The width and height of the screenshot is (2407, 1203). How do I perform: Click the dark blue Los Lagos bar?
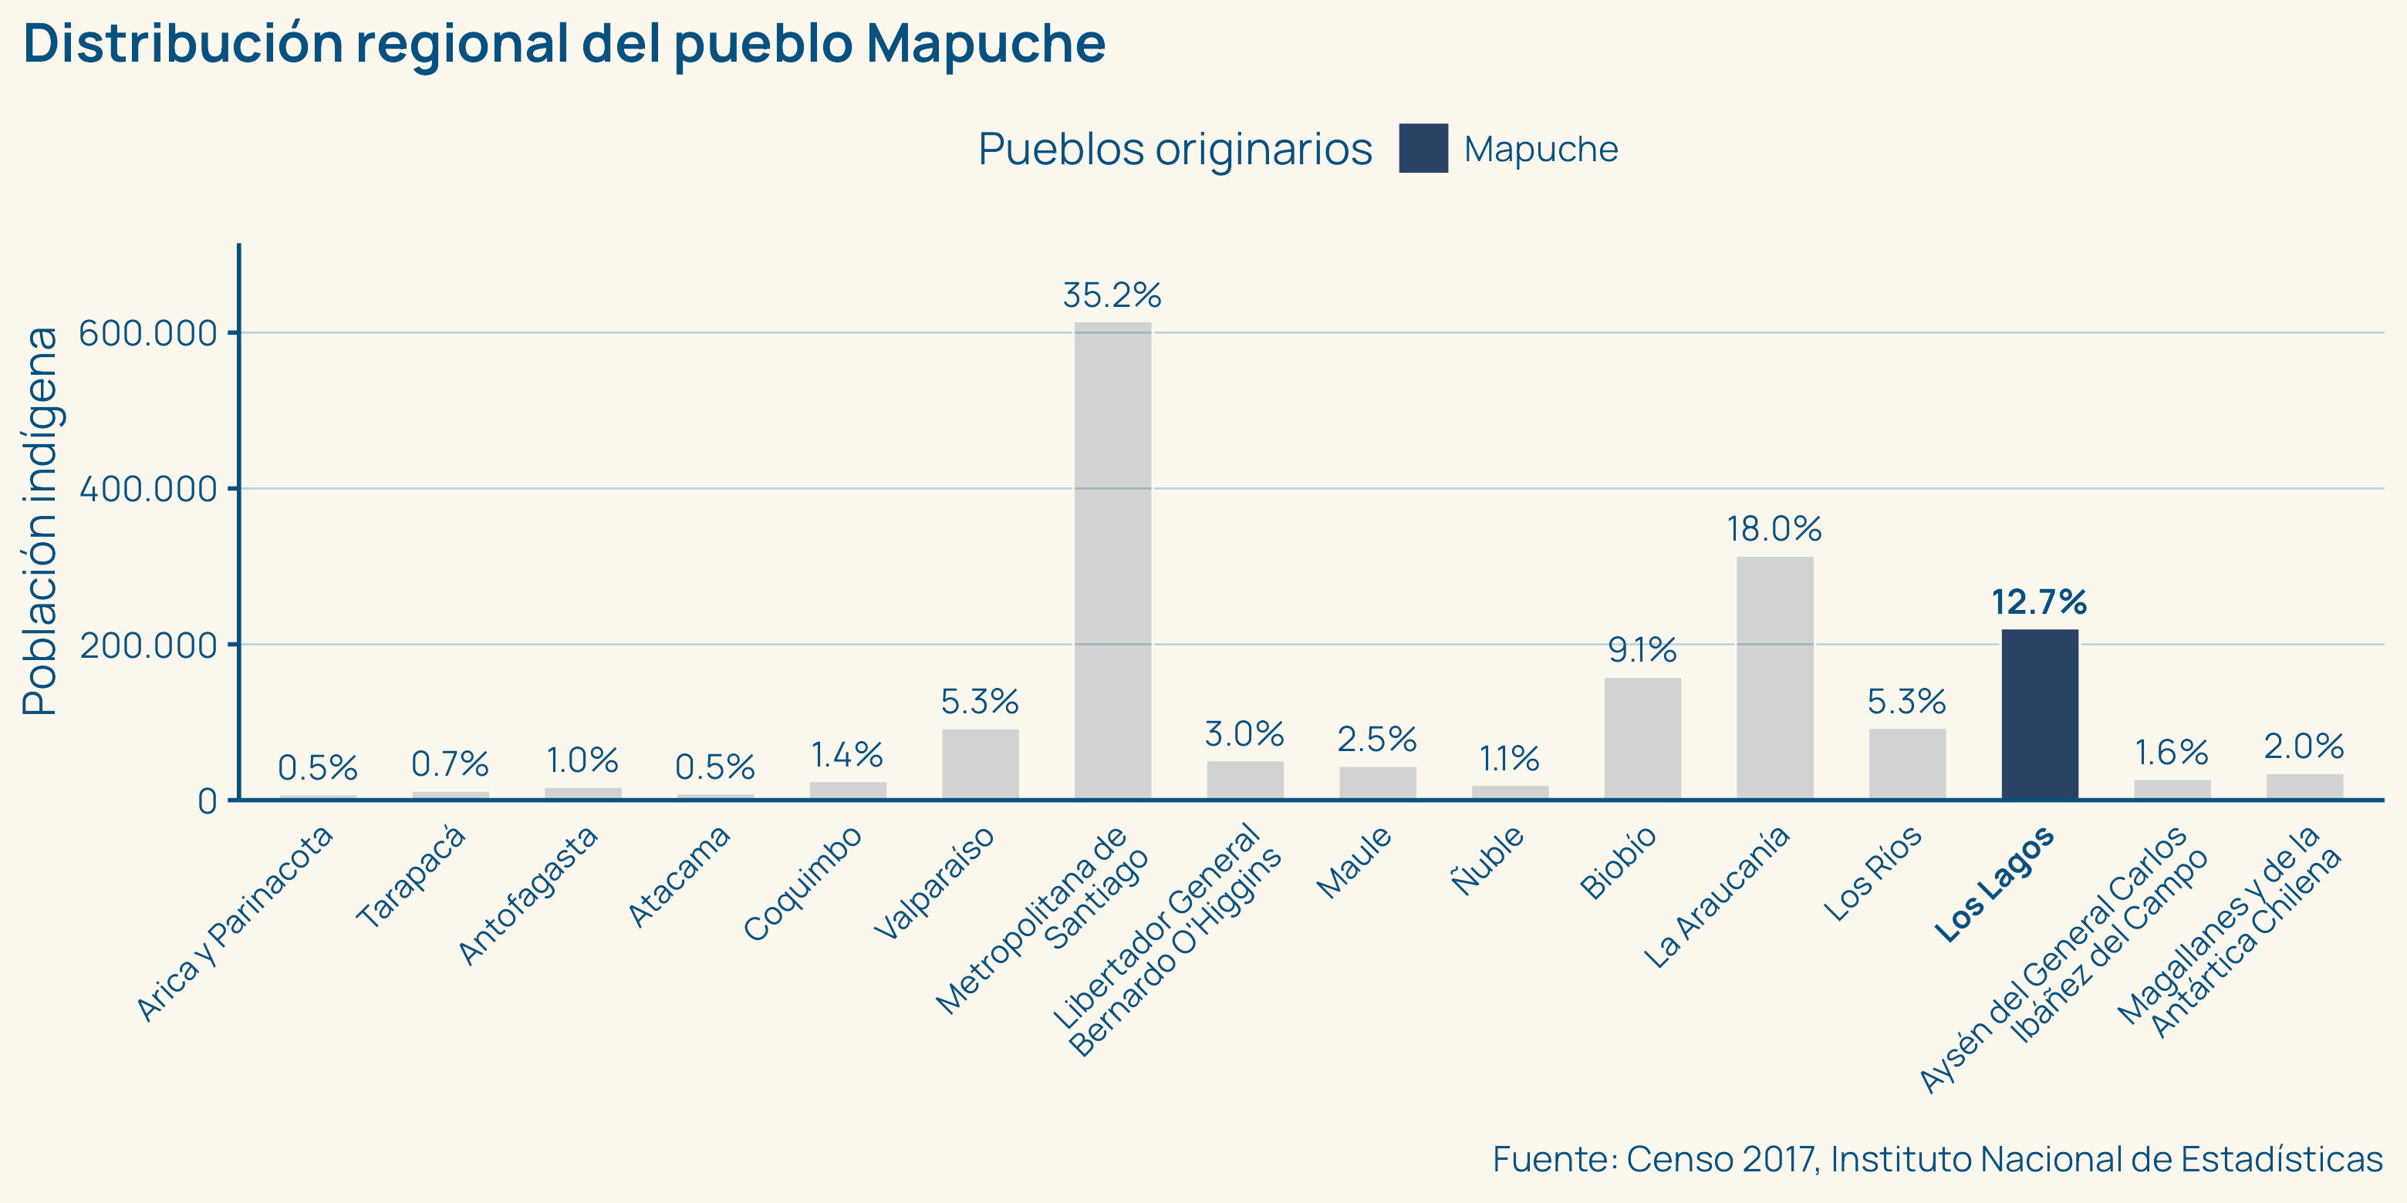(x=2039, y=715)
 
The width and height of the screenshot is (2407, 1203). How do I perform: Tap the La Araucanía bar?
(x=1774, y=677)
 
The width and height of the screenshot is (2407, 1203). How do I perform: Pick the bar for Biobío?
(x=1642, y=738)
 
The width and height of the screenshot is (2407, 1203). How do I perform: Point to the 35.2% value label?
(x=1112, y=295)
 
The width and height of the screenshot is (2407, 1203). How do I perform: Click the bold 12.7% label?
(x=2039, y=602)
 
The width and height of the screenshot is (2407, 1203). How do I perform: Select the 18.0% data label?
(x=1774, y=530)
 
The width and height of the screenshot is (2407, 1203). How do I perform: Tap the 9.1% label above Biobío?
(x=1642, y=649)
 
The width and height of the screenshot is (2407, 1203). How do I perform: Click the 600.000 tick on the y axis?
(x=147, y=333)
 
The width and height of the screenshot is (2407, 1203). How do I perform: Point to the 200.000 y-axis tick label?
(x=147, y=645)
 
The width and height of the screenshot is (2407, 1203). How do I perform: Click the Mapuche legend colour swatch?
(x=1423, y=149)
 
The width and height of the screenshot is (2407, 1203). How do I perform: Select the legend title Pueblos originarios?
(x=1174, y=149)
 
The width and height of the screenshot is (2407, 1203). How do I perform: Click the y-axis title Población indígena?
(x=41, y=521)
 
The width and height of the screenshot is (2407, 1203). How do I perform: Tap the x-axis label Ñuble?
(x=1487, y=860)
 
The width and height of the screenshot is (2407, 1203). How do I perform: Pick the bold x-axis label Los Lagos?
(x=1994, y=884)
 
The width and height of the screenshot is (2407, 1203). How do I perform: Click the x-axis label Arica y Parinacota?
(x=235, y=924)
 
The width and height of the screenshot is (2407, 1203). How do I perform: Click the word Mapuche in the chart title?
(x=985, y=43)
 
